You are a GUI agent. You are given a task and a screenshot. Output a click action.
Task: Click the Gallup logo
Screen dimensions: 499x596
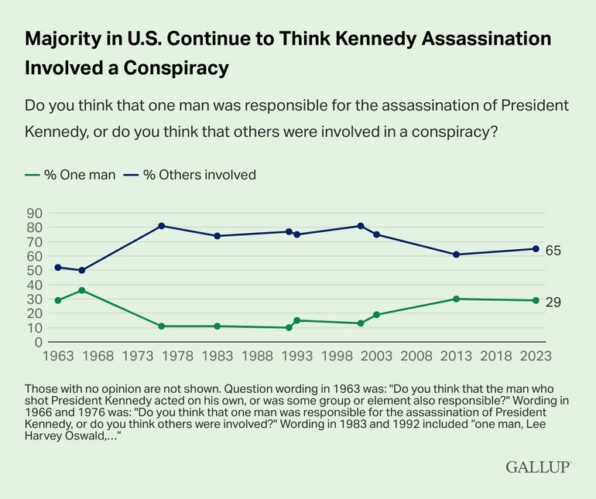pyautogui.click(x=538, y=467)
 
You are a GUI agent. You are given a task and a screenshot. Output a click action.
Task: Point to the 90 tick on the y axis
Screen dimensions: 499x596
pyautogui.click(x=35, y=213)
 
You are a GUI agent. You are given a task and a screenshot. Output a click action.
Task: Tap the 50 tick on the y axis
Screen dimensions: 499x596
pyautogui.click(x=35, y=270)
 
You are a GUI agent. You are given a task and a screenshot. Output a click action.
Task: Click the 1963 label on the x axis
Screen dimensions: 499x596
pyautogui.click(x=58, y=356)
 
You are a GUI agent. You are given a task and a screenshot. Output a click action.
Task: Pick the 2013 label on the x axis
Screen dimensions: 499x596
pyautogui.click(x=456, y=356)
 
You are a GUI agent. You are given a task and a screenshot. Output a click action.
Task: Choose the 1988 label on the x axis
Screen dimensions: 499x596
pyautogui.click(x=257, y=356)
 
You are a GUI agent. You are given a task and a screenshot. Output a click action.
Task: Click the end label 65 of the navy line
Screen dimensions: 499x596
pyautogui.click(x=553, y=251)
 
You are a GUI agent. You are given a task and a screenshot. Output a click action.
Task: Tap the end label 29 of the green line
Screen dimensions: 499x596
pyautogui.click(x=553, y=302)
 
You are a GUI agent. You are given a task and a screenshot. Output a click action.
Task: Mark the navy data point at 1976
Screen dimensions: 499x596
pyautogui.click(x=162, y=226)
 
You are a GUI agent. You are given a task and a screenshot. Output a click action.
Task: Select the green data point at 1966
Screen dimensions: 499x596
pyautogui.click(x=82, y=290)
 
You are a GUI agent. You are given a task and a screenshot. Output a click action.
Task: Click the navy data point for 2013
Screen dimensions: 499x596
pyautogui.click(x=456, y=255)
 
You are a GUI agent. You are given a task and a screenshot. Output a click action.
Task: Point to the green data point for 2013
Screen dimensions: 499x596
pyautogui.click(x=456, y=299)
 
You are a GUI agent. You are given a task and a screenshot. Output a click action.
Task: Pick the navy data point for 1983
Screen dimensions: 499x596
pyautogui.click(x=218, y=236)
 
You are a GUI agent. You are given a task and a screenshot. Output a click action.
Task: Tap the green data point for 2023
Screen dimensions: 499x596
pyautogui.click(x=536, y=300)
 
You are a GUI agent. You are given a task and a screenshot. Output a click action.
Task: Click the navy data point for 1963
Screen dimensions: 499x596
pyautogui.click(x=58, y=267)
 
